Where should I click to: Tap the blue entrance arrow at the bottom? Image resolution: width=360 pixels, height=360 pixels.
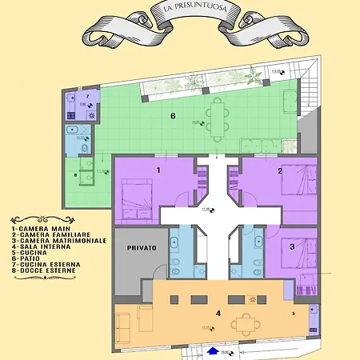click(x=212, y=350)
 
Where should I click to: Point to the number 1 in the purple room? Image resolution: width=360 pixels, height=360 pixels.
click(x=158, y=170)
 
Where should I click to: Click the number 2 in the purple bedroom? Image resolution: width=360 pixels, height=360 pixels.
click(x=280, y=170)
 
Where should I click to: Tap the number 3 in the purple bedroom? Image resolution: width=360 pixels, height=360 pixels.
click(x=292, y=247)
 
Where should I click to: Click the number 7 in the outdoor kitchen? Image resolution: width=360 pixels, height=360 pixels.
click(x=87, y=96)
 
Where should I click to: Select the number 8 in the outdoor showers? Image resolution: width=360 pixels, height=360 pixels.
click(x=77, y=175)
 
